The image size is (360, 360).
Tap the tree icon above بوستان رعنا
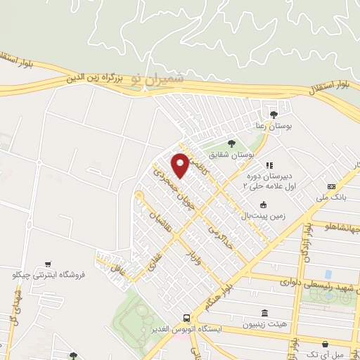[x=274, y=114]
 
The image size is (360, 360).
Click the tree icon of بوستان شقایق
[x=231, y=143]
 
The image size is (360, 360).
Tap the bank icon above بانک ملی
[x=331, y=186]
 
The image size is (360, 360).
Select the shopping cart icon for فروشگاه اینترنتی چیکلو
[x=48, y=264]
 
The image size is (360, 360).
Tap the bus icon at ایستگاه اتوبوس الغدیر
[x=186, y=318]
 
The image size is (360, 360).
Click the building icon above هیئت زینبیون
[x=264, y=313]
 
